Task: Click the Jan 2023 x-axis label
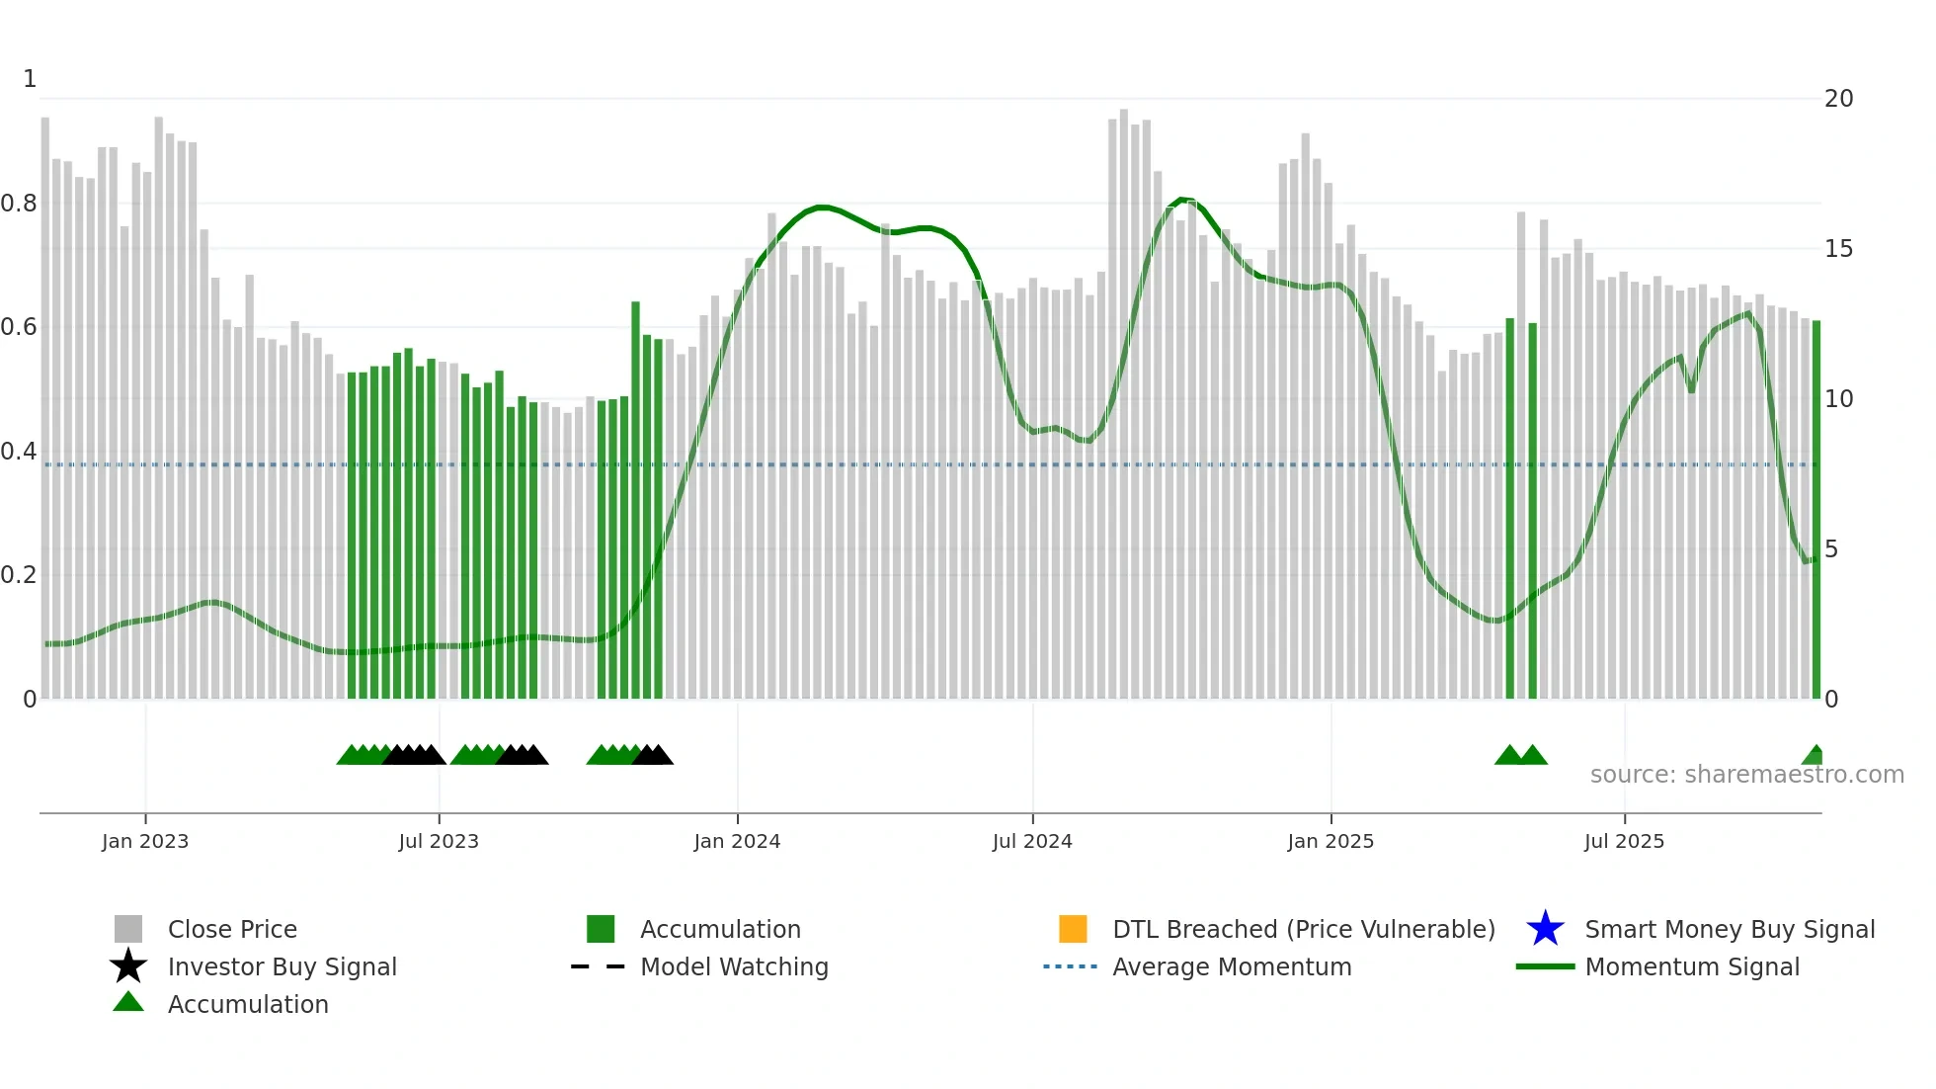[145, 841]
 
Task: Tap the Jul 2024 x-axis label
[1032, 841]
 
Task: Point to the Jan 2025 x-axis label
[1331, 841]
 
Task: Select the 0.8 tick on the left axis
[19, 204]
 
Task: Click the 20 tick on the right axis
[1838, 99]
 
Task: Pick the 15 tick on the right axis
[1838, 249]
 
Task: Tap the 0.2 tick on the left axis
[19, 575]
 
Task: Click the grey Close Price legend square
[128, 929]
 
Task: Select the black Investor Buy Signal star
[128, 966]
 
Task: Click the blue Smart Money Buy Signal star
[1545, 929]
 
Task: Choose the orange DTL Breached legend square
[1073, 929]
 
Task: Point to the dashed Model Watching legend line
[599, 966]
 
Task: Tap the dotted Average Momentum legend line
[1071, 966]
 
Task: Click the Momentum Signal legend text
[1692, 966]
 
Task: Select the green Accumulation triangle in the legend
[128, 1002]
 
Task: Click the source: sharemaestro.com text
[1746, 774]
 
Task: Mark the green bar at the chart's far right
[1815, 509]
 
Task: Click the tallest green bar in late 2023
[635, 499]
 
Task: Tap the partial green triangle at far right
[1814, 756]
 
